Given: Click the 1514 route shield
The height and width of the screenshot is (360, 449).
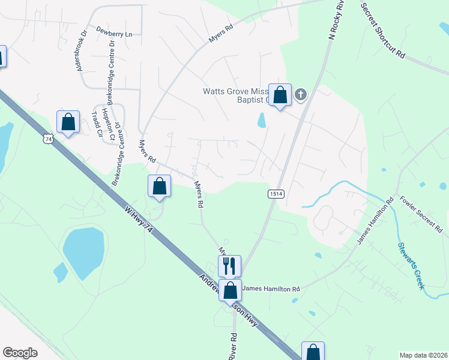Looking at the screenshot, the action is click(276, 194).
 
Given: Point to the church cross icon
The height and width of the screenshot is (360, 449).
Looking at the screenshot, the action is click(301, 94).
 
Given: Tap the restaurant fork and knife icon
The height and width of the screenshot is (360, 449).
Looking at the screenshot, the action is click(229, 265).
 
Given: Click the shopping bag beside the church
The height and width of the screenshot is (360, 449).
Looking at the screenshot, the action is click(280, 95).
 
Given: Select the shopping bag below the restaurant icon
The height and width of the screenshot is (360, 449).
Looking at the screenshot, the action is click(230, 290).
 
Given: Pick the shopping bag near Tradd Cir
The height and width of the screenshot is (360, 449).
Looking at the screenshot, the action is click(68, 122).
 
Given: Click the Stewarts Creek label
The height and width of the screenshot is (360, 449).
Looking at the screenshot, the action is click(411, 263).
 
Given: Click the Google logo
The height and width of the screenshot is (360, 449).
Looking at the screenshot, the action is click(20, 353).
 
